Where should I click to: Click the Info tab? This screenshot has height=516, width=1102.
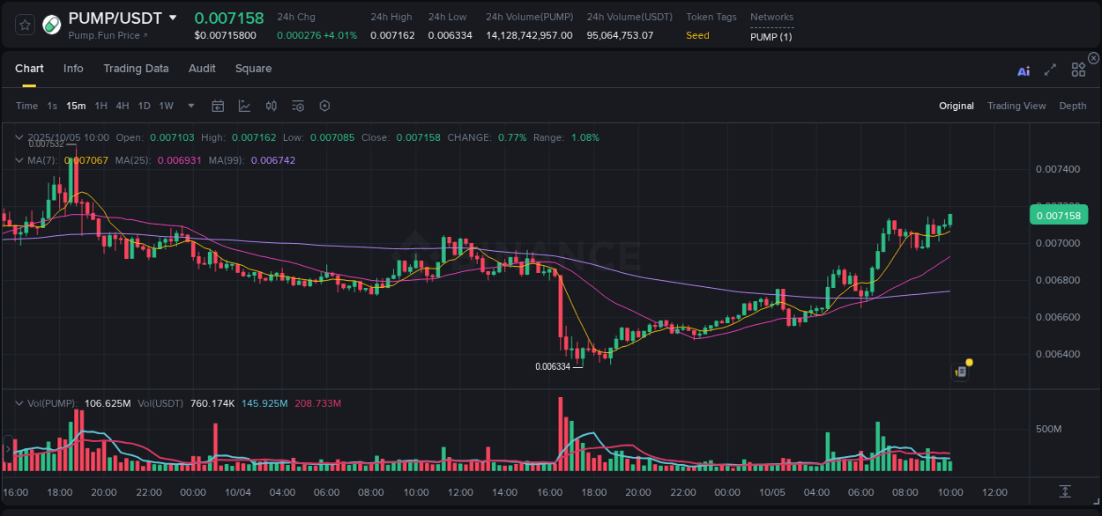tap(73, 69)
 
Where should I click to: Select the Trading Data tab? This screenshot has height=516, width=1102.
tap(136, 69)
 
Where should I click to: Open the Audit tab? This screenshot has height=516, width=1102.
tap(202, 69)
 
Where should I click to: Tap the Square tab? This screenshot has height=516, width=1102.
tap(253, 69)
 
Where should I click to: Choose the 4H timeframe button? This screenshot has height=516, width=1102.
tap(123, 106)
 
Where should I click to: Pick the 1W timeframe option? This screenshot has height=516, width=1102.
tap(166, 106)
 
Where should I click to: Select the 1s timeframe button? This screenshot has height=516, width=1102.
tap(52, 106)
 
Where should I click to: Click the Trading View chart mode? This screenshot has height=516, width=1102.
tap(1016, 106)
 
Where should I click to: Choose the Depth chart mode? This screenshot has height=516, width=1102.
tap(1073, 106)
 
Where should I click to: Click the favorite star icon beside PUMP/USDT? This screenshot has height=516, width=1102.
tap(25, 25)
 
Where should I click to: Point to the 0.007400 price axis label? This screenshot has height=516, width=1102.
tap(1057, 169)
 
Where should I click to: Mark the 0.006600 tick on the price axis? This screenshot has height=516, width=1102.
tap(1057, 317)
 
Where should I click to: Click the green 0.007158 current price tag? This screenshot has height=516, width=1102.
tap(1058, 215)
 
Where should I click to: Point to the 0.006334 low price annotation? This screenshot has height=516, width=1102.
tap(553, 366)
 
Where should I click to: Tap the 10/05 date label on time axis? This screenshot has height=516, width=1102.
tap(772, 492)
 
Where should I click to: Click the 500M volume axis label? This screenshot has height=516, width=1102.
tap(1049, 430)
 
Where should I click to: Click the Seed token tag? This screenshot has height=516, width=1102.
tap(697, 35)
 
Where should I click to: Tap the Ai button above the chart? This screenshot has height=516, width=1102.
tap(1024, 71)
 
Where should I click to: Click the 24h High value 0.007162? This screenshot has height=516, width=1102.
tap(392, 35)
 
